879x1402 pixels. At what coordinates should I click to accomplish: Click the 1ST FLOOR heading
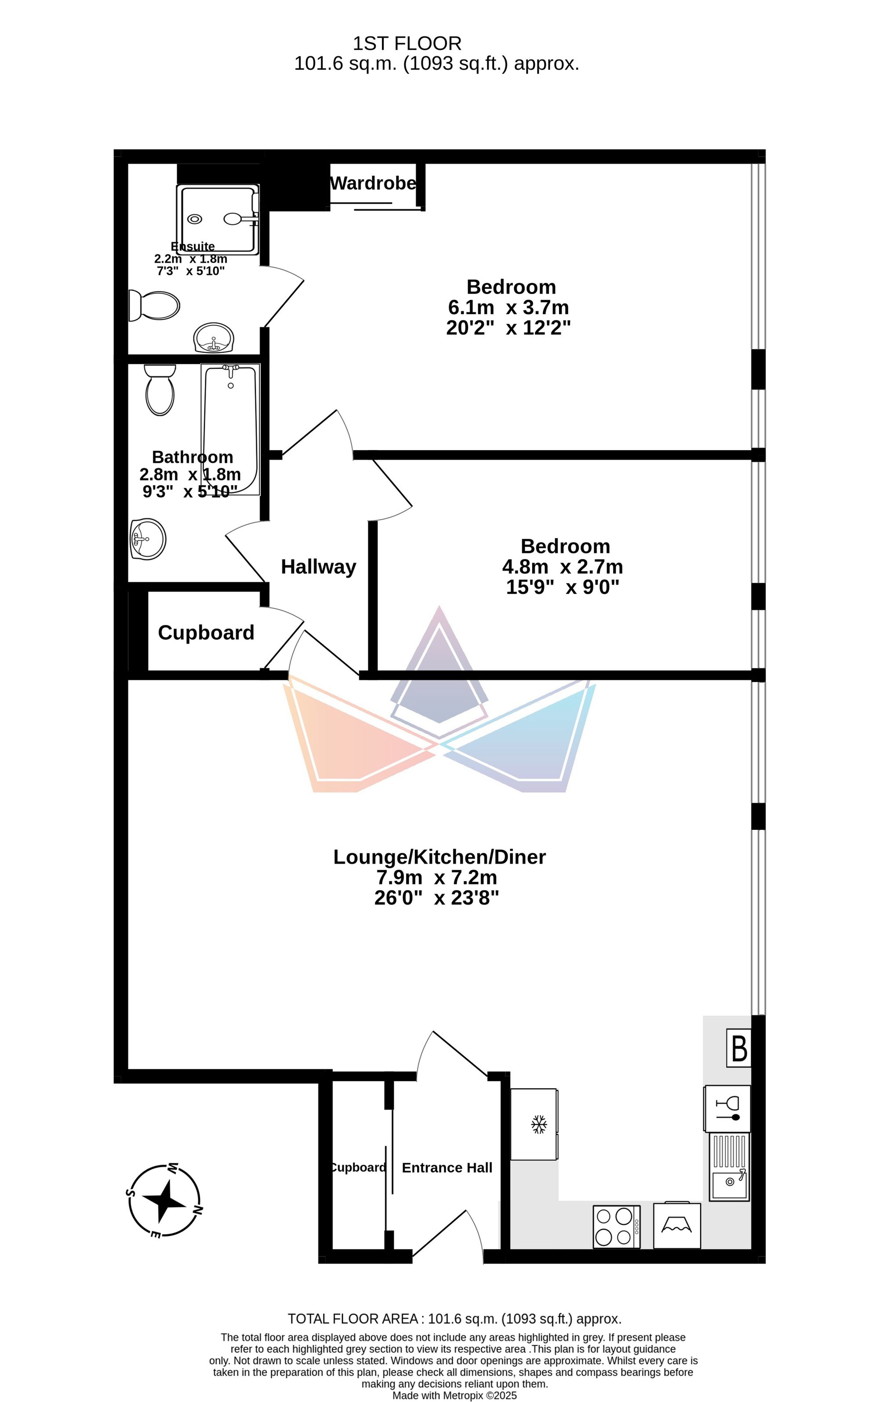pyautogui.click(x=407, y=44)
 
